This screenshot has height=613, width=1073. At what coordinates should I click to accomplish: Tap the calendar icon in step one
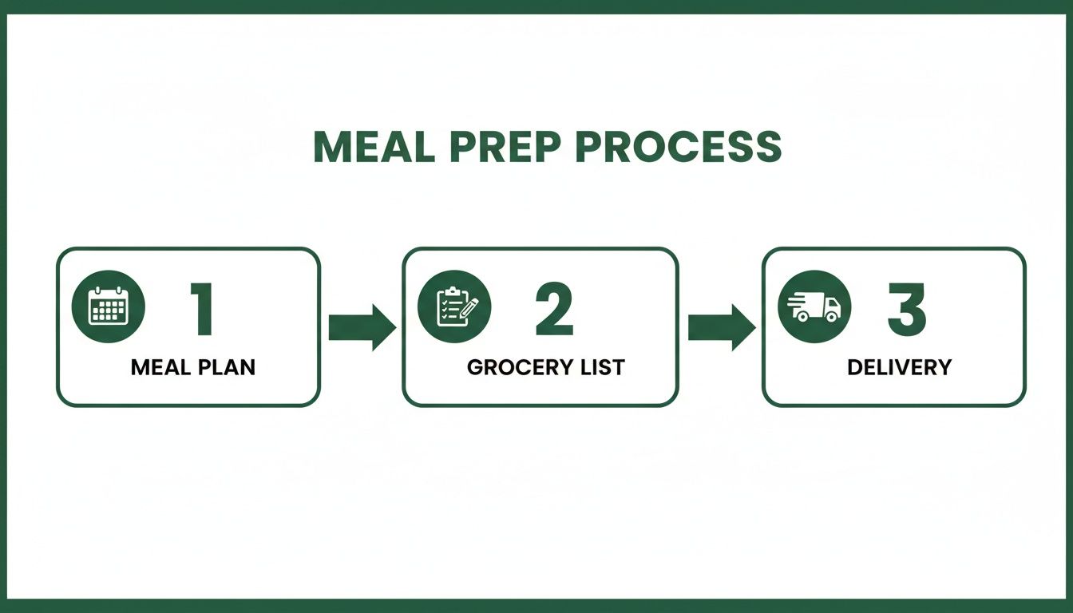109,306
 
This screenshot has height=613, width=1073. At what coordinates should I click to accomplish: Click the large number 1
202,309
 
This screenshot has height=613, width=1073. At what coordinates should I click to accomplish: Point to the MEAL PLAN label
193,367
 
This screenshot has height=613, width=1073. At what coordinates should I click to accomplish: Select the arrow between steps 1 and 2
362,327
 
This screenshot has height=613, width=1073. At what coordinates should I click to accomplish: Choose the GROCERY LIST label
545,367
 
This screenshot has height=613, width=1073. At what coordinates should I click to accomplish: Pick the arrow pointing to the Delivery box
721,327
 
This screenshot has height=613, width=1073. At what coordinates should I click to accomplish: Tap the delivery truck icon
814,306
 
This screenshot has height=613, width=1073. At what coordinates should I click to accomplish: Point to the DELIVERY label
899,367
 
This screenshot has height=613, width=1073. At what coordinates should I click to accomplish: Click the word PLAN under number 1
228,367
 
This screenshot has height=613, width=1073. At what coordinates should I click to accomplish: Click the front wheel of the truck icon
831,316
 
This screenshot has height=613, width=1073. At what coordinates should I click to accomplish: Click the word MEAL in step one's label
160,367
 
